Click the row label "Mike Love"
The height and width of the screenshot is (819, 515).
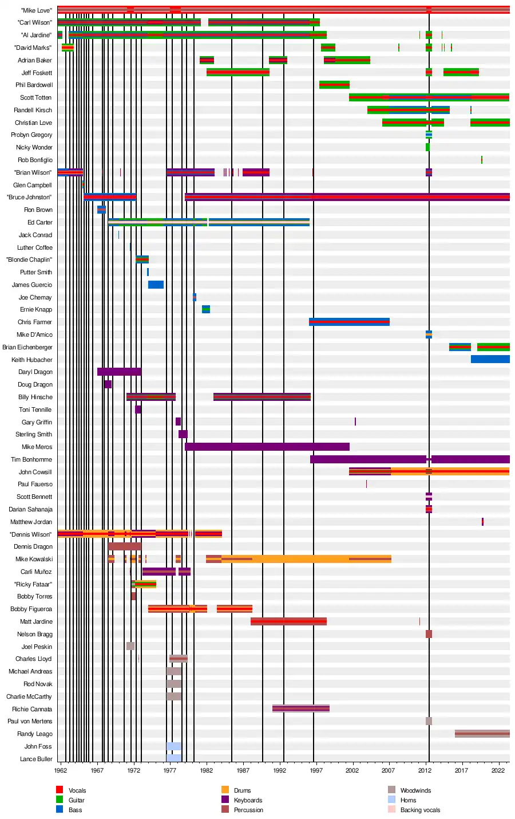(x=36, y=10)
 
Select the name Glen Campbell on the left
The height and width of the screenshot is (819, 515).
(x=33, y=185)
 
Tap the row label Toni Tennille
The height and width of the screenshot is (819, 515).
(x=35, y=409)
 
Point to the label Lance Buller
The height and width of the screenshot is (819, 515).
(x=36, y=759)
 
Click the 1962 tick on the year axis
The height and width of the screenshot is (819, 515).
(x=61, y=770)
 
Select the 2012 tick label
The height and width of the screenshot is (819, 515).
(x=425, y=770)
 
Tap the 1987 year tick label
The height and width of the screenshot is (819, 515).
(x=243, y=770)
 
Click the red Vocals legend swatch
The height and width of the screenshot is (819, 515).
(x=60, y=790)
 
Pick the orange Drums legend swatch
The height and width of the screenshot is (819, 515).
(x=225, y=790)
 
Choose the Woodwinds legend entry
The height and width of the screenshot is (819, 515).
(x=415, y=790)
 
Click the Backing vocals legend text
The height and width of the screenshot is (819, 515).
(x=420, y=810)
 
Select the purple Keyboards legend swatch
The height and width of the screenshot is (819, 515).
(x=225, y=800)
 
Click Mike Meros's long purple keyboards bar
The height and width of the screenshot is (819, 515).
(x=267, y=447)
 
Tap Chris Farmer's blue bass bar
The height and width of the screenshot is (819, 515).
(x=349, y=322)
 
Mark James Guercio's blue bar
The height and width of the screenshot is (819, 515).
(x=156, y=285)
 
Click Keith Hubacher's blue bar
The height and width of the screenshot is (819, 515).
(x=490, y=360)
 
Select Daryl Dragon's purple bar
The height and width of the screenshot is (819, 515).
(x=119, y=372)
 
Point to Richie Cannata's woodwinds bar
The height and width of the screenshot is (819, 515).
(x=300, y=709)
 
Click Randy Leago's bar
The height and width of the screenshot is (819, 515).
(x=482, y=734)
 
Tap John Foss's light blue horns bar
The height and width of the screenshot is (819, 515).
(x=174, y=746)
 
